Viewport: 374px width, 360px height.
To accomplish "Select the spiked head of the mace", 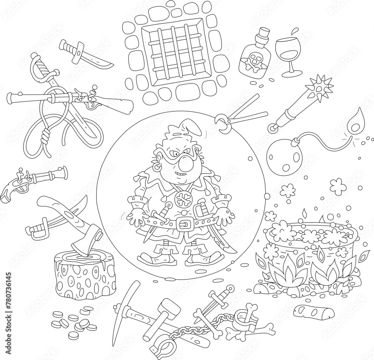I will point(314,86).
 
